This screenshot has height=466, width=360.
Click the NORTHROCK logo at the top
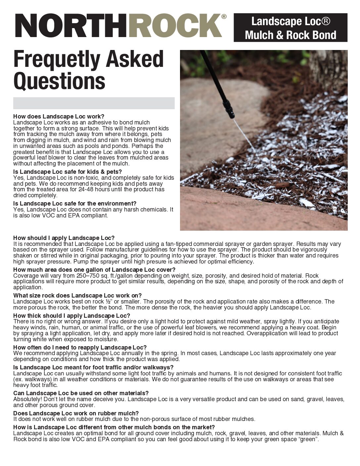pyautogui.click(x=120, y=26)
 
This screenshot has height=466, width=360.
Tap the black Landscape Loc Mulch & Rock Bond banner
pyautogui.click(x=290, y=28)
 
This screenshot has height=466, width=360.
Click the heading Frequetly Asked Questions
pyautogui.click(x=89, y=70)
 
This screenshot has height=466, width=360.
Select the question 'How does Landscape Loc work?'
pyautogui.click(x=59, y=117)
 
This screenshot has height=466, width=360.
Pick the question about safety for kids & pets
pyautogui.click(x=67, y=172)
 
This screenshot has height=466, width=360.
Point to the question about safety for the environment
pyautogui.click(x=75, y=204)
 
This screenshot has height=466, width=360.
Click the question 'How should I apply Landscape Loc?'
pyautogui.click(x=64, y=238)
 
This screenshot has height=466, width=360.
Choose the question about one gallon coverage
pyautogui.click(x=94, y=270)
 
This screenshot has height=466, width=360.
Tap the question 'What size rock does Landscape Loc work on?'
pyautogui.click(x=77, y=296)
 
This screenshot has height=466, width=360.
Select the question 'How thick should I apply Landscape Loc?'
pyautogui.click(x=71, y=316)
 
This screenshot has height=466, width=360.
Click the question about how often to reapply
pyautogui.click(x=80, y=348)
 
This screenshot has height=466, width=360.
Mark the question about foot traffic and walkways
pyautogui.click(x=93, y=367)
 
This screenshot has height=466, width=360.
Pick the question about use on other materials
pyautogui.click(x=81, y=393)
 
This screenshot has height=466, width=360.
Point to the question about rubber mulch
pyautogui.click(x=76, y=413)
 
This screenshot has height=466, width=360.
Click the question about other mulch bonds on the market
pyautogui.click(x=114, y=427)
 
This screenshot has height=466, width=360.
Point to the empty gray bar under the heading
pyautogui.click(x=94, y=103)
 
